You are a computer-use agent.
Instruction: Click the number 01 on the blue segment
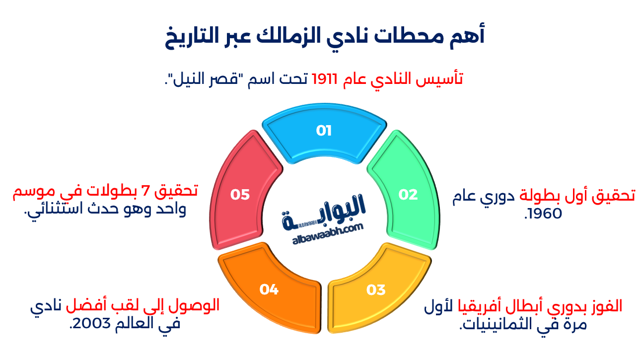coord(324,131)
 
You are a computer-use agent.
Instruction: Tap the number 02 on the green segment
coord(408,195)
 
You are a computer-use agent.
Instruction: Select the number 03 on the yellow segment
coord(376,289)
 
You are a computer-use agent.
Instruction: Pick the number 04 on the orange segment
coord(269,289)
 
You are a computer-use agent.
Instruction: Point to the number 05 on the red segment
coord(240,195)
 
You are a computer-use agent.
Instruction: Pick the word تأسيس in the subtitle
coord(442,79)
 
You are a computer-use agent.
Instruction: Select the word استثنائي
coord(55,209)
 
